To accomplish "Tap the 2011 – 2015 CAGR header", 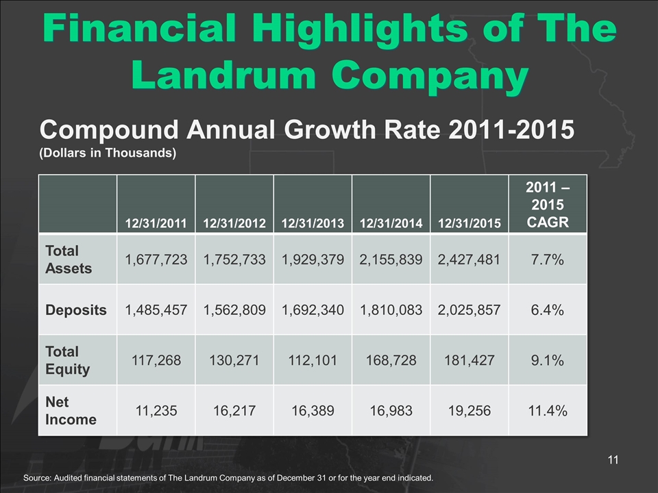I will pyautogui.click(x=547, y=204).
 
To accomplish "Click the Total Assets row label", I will pyautogui.click(x=69, y=259).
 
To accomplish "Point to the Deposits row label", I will pyautogui.click(x=76, y=309).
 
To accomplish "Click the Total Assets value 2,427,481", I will pyautogui.click(x=469, y=259).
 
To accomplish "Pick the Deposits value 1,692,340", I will pyautogui.click(x=313, y=309).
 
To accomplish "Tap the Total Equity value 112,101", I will pyautogui.click(x=313, y=360).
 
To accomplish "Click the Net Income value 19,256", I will pyautogui.click(x=469, y=409).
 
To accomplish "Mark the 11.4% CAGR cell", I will pyautogui.click(x=547, y=409).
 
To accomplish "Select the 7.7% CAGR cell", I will pyautogui.click(x=547, y=259).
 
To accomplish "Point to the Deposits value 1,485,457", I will pyautogui.click(x=156, y=309).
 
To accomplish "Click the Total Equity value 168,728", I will pyautogui.click(x=391, y=360).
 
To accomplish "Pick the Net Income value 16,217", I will pyautogui.click(x=234, y=409).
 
